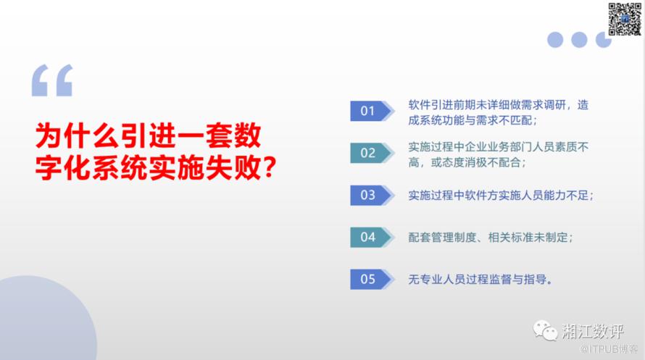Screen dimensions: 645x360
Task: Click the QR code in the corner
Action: [x=625, y=19]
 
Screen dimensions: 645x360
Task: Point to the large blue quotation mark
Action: [x=52, y=80]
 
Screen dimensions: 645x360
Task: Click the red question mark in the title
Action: [x=269, y=168]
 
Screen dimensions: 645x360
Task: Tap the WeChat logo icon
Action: [x=545, y=331]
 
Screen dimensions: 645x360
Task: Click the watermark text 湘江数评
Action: [x=593, y=332]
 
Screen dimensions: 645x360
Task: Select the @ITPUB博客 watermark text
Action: [x=608, y=349]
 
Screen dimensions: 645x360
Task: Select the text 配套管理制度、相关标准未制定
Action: [x=488, y=237]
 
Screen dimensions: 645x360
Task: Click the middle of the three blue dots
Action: [x=579, y=40]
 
